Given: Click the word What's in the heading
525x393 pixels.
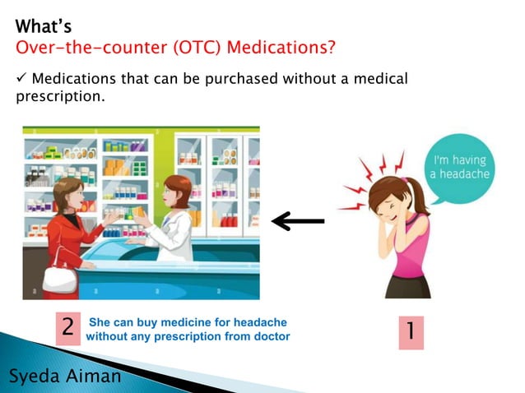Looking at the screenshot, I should (x=43, y=27).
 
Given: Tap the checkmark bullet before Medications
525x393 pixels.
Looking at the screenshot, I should (x=21, y=79).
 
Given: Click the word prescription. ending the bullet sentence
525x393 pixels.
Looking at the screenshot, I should (x=60, y=98).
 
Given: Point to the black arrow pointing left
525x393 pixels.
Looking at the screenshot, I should (x=298, y=220).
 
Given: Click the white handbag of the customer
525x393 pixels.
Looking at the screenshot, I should (x=59, y=278).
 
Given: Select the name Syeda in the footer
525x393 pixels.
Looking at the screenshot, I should (x=36, y=377).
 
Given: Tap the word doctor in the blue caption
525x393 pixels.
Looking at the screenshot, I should (x=273, y=336).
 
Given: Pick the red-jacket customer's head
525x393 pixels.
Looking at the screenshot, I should (x=67, y=195).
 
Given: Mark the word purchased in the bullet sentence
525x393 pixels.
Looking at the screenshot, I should (x=239, y=79).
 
